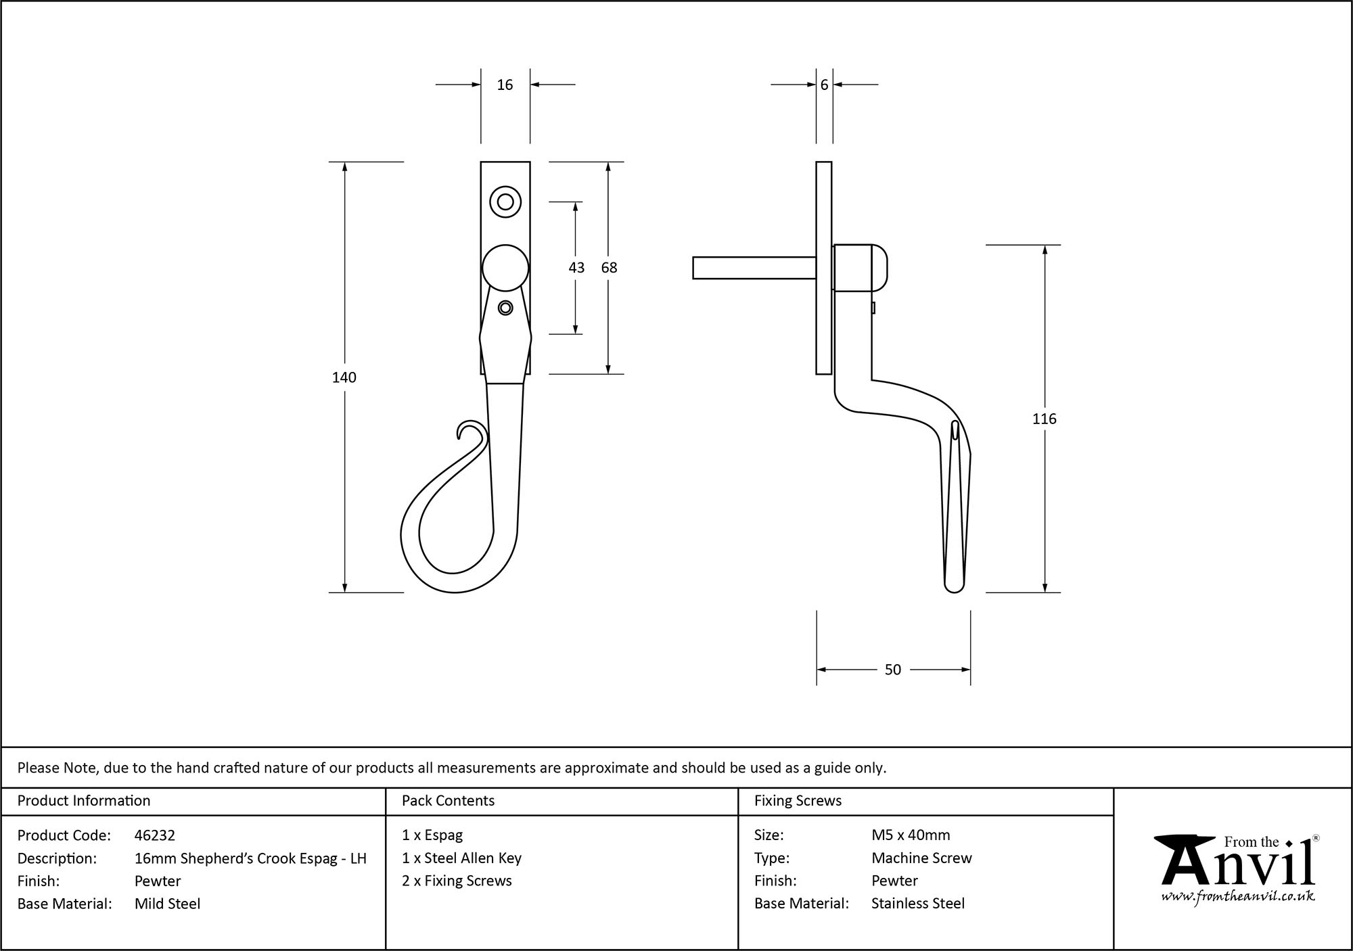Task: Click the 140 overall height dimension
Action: click(344, 377)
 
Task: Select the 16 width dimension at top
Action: click(505, 85)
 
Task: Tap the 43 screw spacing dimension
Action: click(576, 268)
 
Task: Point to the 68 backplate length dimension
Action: click(609, 268)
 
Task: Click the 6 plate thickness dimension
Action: click(824, 85)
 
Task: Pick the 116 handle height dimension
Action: click(1044, 419)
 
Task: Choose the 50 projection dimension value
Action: click(892, 670)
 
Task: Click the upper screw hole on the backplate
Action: click(505, 202)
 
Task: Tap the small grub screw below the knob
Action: click(505, 308)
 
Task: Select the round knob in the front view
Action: click(505, 268)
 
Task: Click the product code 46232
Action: click(155, 835)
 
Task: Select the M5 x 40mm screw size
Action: click(911, 835)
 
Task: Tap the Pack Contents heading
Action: click(448, 801)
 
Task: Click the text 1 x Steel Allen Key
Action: click(461, 858)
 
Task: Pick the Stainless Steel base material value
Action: click(917, 904)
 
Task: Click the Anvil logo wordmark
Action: click(1238, 866)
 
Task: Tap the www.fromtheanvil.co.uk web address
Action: click(1238, 897)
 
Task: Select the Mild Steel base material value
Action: click(167, 904)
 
